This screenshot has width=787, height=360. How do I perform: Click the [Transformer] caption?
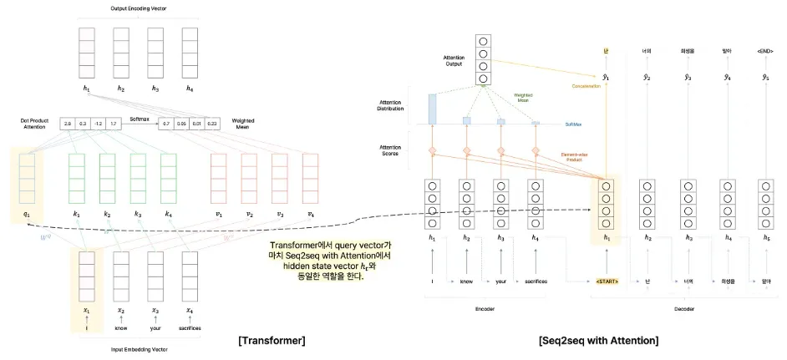click(x=272, y=340)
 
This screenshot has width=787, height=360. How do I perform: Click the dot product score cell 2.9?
click(x=69, y=124)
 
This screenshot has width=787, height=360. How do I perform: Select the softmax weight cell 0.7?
click(x=167, y=124)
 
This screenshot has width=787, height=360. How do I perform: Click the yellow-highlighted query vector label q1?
click(x=26, y=214)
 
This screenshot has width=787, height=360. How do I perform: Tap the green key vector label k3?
click(x=136, y=214)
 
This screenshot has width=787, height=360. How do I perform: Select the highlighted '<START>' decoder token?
click(x=606, y=281)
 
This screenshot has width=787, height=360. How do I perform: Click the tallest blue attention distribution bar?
click(x=432, y=109)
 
